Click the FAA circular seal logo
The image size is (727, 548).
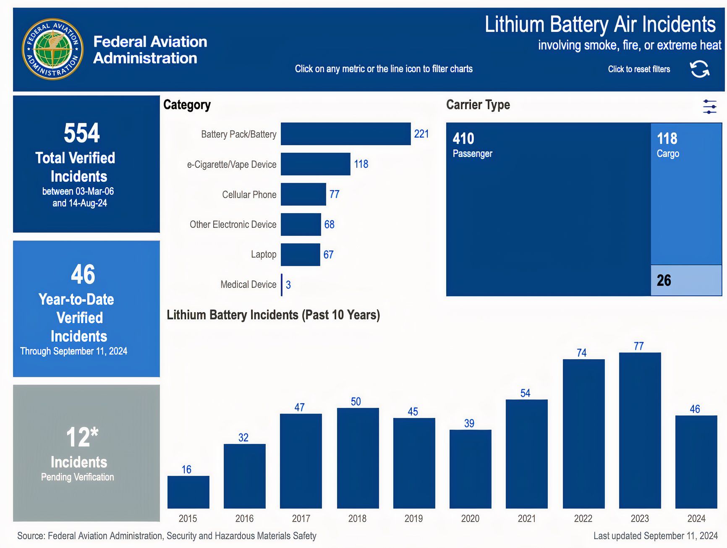52,49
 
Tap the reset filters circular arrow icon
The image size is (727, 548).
699,69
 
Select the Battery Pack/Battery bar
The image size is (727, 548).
345,134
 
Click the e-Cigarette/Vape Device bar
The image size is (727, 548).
315,164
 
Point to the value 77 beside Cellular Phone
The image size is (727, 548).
334,194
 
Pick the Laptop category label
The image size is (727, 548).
263,254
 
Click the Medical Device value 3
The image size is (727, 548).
288,285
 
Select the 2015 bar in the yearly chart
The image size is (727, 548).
188,492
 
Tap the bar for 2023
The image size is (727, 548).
640,430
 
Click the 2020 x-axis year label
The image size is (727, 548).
470,519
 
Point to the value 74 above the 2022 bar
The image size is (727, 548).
581,353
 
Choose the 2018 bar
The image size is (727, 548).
358,458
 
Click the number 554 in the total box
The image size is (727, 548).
82,133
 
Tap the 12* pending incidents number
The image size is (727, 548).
82,437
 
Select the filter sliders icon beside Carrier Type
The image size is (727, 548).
709,107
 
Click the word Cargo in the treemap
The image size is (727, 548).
668,154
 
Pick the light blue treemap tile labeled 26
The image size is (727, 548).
686,280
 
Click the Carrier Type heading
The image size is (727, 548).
478,104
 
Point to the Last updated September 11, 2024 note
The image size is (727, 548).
655,536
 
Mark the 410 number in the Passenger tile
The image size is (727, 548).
463,138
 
